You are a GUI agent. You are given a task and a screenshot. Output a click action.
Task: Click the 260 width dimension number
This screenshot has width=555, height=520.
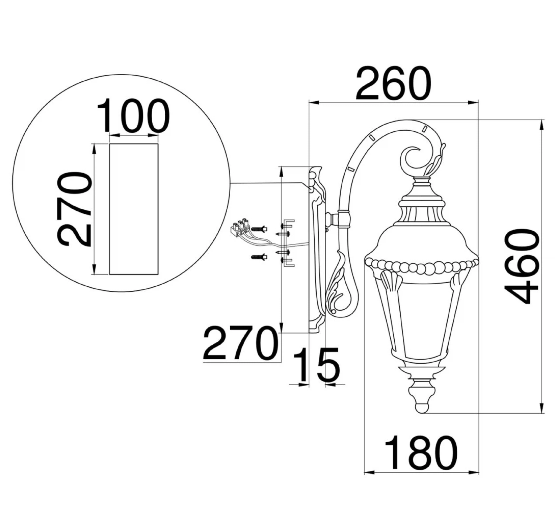393,83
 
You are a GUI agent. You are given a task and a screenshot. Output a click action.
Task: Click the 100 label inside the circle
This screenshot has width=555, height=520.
133,115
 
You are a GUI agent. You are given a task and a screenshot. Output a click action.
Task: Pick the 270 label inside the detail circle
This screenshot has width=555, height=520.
75,210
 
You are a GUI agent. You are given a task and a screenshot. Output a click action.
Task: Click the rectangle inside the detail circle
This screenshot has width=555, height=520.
134,209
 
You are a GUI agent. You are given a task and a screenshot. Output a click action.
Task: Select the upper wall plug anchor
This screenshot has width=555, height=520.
259,229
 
